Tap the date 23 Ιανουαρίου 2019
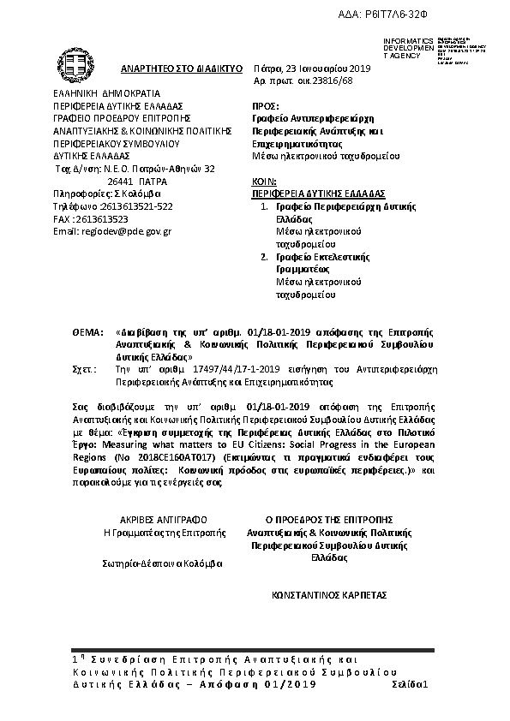tap(322, 66)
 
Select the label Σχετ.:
tap(85, 365)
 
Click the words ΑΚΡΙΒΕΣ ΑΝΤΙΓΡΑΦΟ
tap(164, 519)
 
